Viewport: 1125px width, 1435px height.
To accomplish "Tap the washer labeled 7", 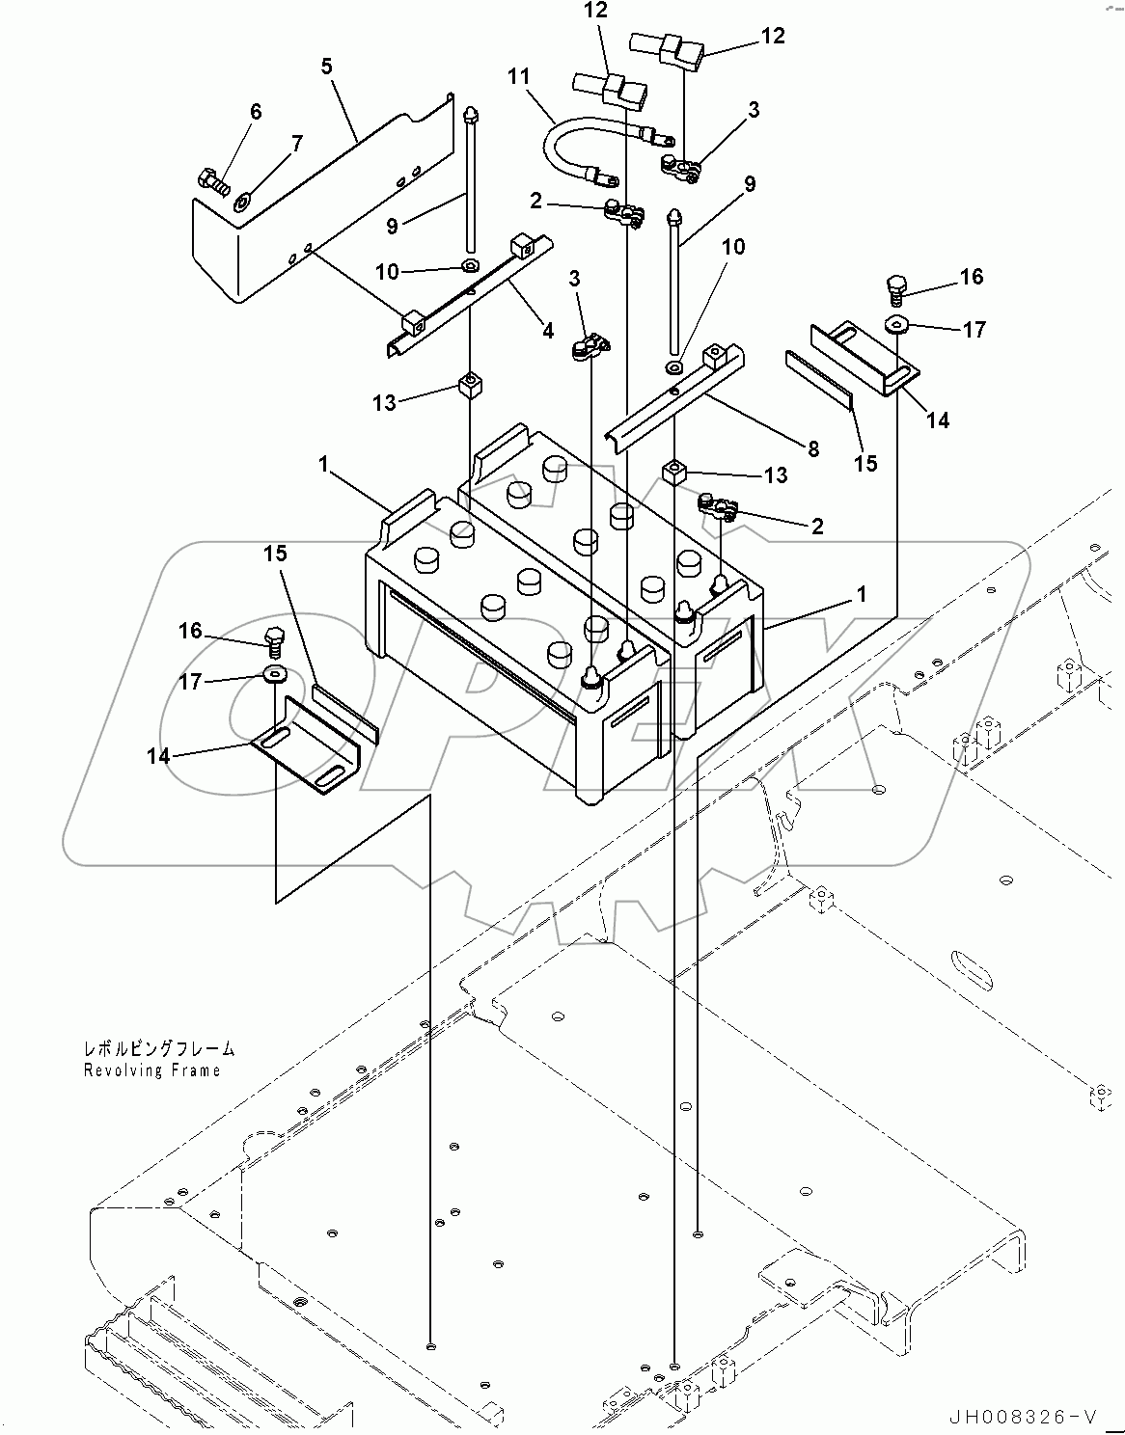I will pyautogui.click(x=241, y=202).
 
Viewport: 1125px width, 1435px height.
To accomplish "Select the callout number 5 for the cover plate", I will pyautogui.click(x=327, y=67).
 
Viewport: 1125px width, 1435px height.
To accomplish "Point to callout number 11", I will pyautogui.click(x=520, y=75).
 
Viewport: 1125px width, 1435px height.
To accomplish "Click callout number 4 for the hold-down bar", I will pyautogui.click(x=547, y=330).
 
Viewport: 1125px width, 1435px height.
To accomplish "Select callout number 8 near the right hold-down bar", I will pyautogui.click(x=812, y=447).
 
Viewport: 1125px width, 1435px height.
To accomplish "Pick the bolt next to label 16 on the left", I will pyautogui.click(x=273, y=638).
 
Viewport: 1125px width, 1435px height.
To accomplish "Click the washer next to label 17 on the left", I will pyautogui.click(x=274, y=673).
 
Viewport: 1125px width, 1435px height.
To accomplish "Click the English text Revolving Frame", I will pyautogui.click(x=151, y=1070).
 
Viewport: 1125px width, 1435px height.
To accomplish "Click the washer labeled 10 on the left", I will pyautogui.click(x=470, y=265).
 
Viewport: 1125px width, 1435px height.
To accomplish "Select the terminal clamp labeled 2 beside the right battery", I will pyautogui.click(x=719, y=505).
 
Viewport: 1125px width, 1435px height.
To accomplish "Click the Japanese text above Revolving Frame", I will pyautogui.click(x=158, y=1050).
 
